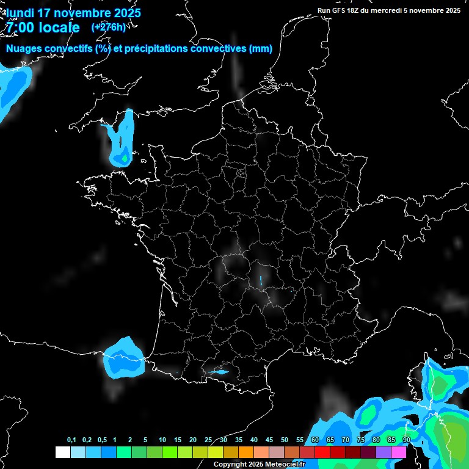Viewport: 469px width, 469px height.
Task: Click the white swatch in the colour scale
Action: tap(62, 452)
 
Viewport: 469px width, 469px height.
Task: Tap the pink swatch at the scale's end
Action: tap(399, 452)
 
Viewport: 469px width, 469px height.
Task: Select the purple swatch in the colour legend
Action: tap(384, 452)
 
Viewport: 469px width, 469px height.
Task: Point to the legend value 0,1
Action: tap(71, 440)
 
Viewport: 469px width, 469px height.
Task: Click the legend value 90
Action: tap(406, 440)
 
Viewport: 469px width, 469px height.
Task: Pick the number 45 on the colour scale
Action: tap(269, 440)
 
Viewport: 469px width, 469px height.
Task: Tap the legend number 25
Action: tap(208, 440)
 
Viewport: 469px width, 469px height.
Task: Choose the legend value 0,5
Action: tap(101, 440)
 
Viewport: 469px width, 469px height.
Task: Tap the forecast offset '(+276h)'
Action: tap(108, 27)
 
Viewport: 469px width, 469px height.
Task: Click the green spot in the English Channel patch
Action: tap(125, 158)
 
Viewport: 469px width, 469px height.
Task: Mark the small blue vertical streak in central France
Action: tap(260, 281)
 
